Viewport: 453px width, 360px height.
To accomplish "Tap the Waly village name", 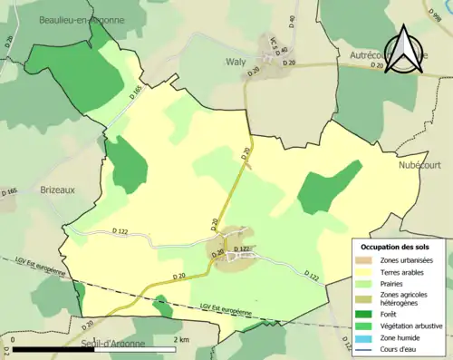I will pyautogui.click(x=237, y=62).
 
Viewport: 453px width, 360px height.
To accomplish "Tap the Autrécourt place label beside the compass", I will pyautogui.click(x=371, y=56).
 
